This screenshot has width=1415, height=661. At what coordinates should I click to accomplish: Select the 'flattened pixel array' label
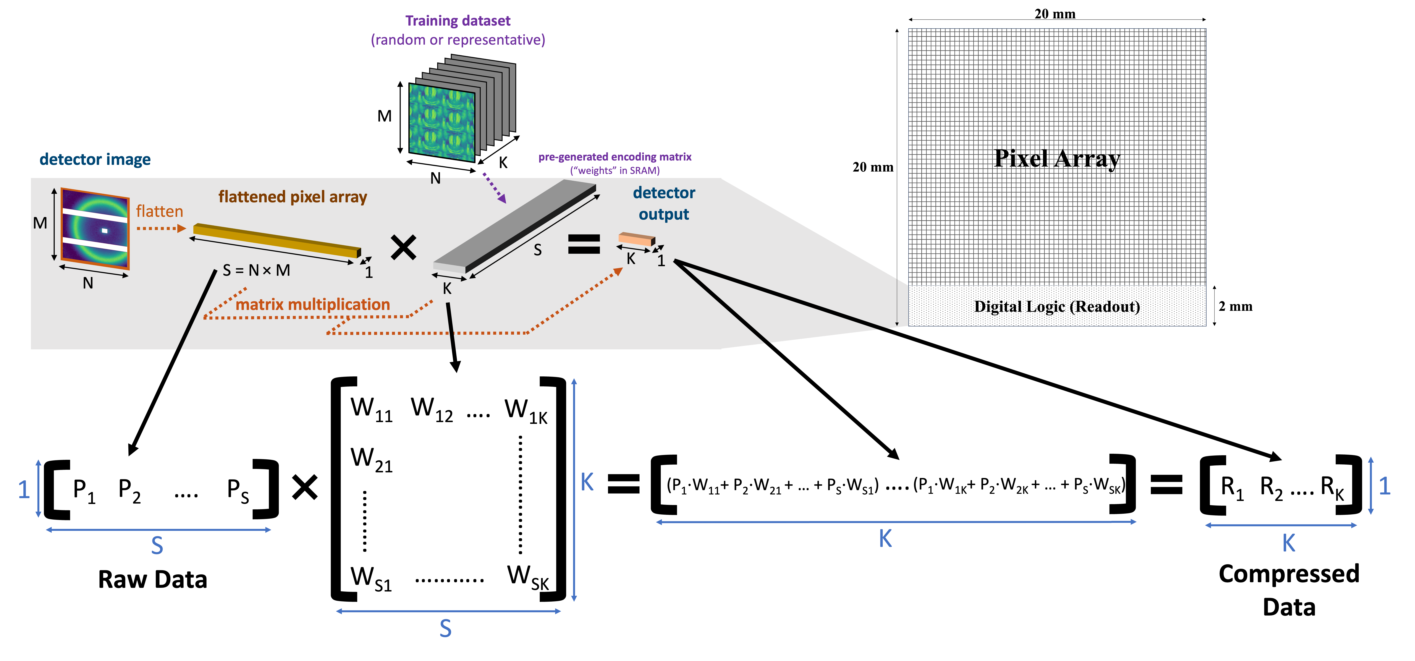click(292, 197)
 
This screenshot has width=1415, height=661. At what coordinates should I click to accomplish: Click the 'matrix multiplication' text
click(312, 304)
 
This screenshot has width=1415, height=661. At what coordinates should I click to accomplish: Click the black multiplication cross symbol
click(403, 247)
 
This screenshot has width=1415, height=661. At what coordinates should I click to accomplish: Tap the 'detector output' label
click(664, 203)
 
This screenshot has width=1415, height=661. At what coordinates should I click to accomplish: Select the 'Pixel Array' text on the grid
click(1057, 159)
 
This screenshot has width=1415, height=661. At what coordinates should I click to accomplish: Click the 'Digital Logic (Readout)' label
click(1057, 307)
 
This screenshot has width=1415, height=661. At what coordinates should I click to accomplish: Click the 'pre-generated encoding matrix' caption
click(615, 157)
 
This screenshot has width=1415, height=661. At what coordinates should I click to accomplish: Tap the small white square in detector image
click(104, 231)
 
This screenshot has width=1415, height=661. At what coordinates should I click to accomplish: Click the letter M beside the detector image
click(40, 223)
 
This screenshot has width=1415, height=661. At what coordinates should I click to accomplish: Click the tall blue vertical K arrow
click(574, 489)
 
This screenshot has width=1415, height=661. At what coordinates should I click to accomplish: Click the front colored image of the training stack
click(442, 122)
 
